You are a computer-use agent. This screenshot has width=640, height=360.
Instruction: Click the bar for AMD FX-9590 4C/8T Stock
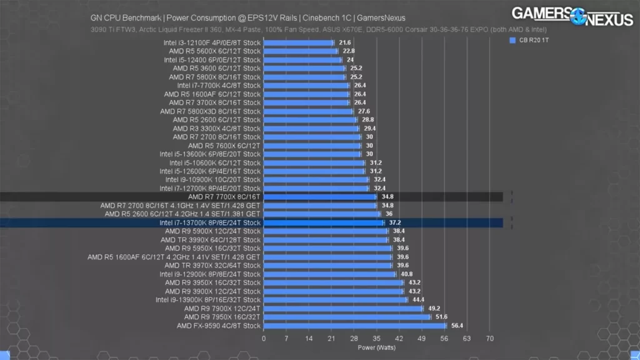pyautogui.click(x=355, y=326)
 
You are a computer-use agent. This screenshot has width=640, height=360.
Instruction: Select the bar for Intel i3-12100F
pyautogui.click(x=299, y=42)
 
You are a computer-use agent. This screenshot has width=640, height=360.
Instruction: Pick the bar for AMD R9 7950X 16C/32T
pyautogui.click(x=347, y=317)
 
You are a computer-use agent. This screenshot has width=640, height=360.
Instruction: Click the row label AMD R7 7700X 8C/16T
pyautogui.click(x=224, y=197)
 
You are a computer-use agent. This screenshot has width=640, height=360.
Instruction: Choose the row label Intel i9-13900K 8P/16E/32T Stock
pyautogui.click(x=207, y=300)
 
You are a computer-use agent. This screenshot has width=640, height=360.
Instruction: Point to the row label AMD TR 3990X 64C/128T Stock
pyautogui.click(x=210, y=239)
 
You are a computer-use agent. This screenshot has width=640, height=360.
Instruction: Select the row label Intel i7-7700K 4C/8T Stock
pyautogui.click(x=219, y=86)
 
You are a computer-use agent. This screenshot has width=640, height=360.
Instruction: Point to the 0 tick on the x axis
pyautogui.click(x=264, y=338)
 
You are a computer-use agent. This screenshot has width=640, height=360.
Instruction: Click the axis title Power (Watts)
pyautogui.click(x=376, y=347)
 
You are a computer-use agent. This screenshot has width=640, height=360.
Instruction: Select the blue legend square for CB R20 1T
pyautogui.click(x=512, y=41)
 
